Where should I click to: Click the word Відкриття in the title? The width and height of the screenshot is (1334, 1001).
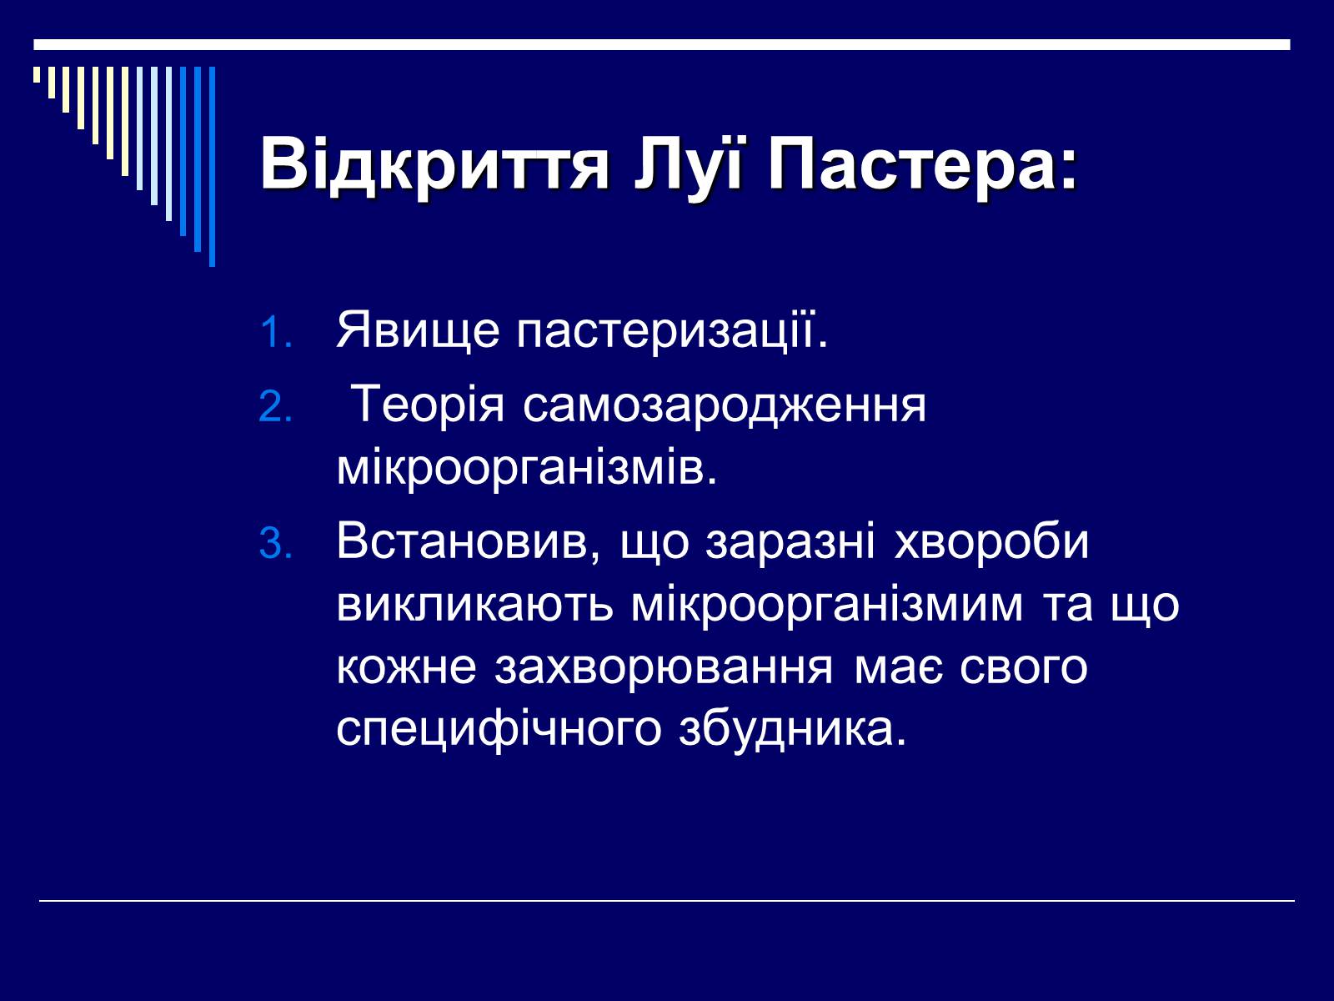(434, 164)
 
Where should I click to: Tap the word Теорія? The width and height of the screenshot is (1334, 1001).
(429, 405)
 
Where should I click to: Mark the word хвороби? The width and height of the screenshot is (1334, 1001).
(992, 541)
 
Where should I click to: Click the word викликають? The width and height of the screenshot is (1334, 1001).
(474, 606)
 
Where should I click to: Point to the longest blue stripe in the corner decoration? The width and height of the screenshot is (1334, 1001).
(212, 167)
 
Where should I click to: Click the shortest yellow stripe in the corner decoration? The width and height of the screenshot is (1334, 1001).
(37, 74)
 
